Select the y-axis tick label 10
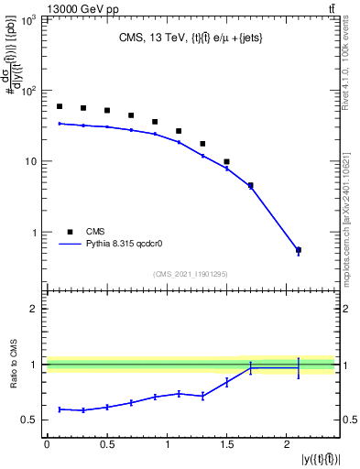pyautogui.click(x=30, y=162)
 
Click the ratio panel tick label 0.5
pyautogui.click(x=30, y=420)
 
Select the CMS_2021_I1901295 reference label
pyautogui.click(x=190, y=272)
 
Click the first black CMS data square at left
pyautogui.click(x=60, y=106)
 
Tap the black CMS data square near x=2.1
pyautogui.click(x=299, y=250)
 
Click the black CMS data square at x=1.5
pyautogui.click(x=226, y=161)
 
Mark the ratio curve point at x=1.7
pyautogui.click(x=251, y=368)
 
